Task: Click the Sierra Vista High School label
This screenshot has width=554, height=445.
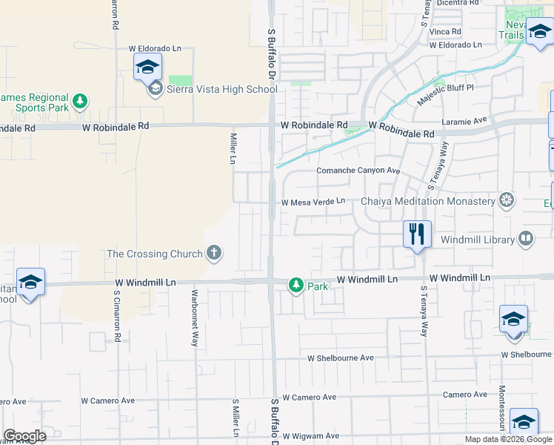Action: pyautogui.click(x=221, y=90)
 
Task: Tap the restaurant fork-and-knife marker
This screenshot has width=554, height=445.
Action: pyautogui.click(x=417, y=234)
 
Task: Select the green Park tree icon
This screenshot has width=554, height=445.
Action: pyautogui.click(x=296, y=285)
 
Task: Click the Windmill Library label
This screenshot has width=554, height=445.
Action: pyautogui.click(x=477, y=240)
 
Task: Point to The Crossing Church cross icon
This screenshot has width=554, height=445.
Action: pyautogui.click(x=214, y=254)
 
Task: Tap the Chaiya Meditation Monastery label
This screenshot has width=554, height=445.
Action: pyautogui.click(x=427, y=201)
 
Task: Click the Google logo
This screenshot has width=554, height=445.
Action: pyautogui.click(x=24, y=436)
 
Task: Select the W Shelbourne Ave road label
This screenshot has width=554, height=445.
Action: pyautogui.click(x=341, y=358)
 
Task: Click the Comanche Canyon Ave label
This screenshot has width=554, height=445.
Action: pyautogui.click(x=358, y=171)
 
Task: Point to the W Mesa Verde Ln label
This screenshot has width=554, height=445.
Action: pyautogui.click(x=313, y=202)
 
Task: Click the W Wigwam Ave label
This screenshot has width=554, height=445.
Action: pyautogui.click(x=310, y=436)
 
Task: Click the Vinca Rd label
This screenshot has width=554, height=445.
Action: pyautogui.click(x=445, y=32)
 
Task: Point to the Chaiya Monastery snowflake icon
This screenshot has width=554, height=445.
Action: pyautogui.click(x=507, y=200)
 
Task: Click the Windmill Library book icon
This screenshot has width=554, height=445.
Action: pyautogui.click(x=525, y=239)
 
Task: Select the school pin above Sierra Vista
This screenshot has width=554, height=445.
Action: pyautogui.click(x=147, y=67)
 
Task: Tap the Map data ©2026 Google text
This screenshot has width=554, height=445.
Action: pyautogui.click(x=508, y=439)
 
